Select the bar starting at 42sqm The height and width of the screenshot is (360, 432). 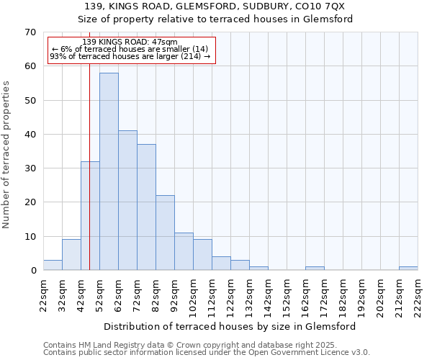tap(90, 216)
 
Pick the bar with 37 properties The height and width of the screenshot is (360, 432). tap(146, 207)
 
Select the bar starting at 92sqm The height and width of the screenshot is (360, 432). tap(184, 251)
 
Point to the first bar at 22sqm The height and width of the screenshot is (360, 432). tap(53, 265)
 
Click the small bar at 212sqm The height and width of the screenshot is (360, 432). tap(408, 269)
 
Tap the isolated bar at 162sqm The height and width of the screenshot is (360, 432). tap(315, 269)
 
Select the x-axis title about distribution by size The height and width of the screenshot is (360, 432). tap(230, 326)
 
